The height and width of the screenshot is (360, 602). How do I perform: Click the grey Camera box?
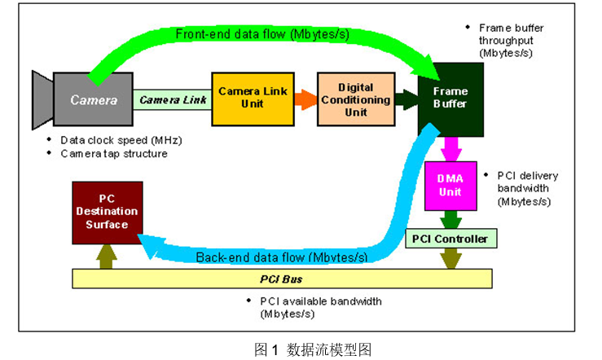[x=87, y=100]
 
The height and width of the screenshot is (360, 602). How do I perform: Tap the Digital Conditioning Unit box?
[x=350, y=99]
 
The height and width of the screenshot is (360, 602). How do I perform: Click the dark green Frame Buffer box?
[x=450, y=99]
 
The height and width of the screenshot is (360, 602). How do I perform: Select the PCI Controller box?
[x=451, y=239]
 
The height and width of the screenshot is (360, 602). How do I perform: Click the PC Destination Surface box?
[x=107, y=213]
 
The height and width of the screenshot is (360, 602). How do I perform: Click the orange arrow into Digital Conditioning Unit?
[x=305, y=99]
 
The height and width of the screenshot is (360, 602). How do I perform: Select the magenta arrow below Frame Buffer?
[x=450, y=148]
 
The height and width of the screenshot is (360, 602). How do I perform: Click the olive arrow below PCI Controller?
[x=450, y=257]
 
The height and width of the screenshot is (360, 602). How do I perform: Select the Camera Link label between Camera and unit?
[x=174, y=100]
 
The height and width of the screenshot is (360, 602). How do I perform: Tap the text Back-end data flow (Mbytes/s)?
[x=281, y=257]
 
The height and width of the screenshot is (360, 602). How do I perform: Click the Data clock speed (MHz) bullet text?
[x=121, y=139]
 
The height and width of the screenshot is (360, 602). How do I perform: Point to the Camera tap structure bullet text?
[x=114, y=153]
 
